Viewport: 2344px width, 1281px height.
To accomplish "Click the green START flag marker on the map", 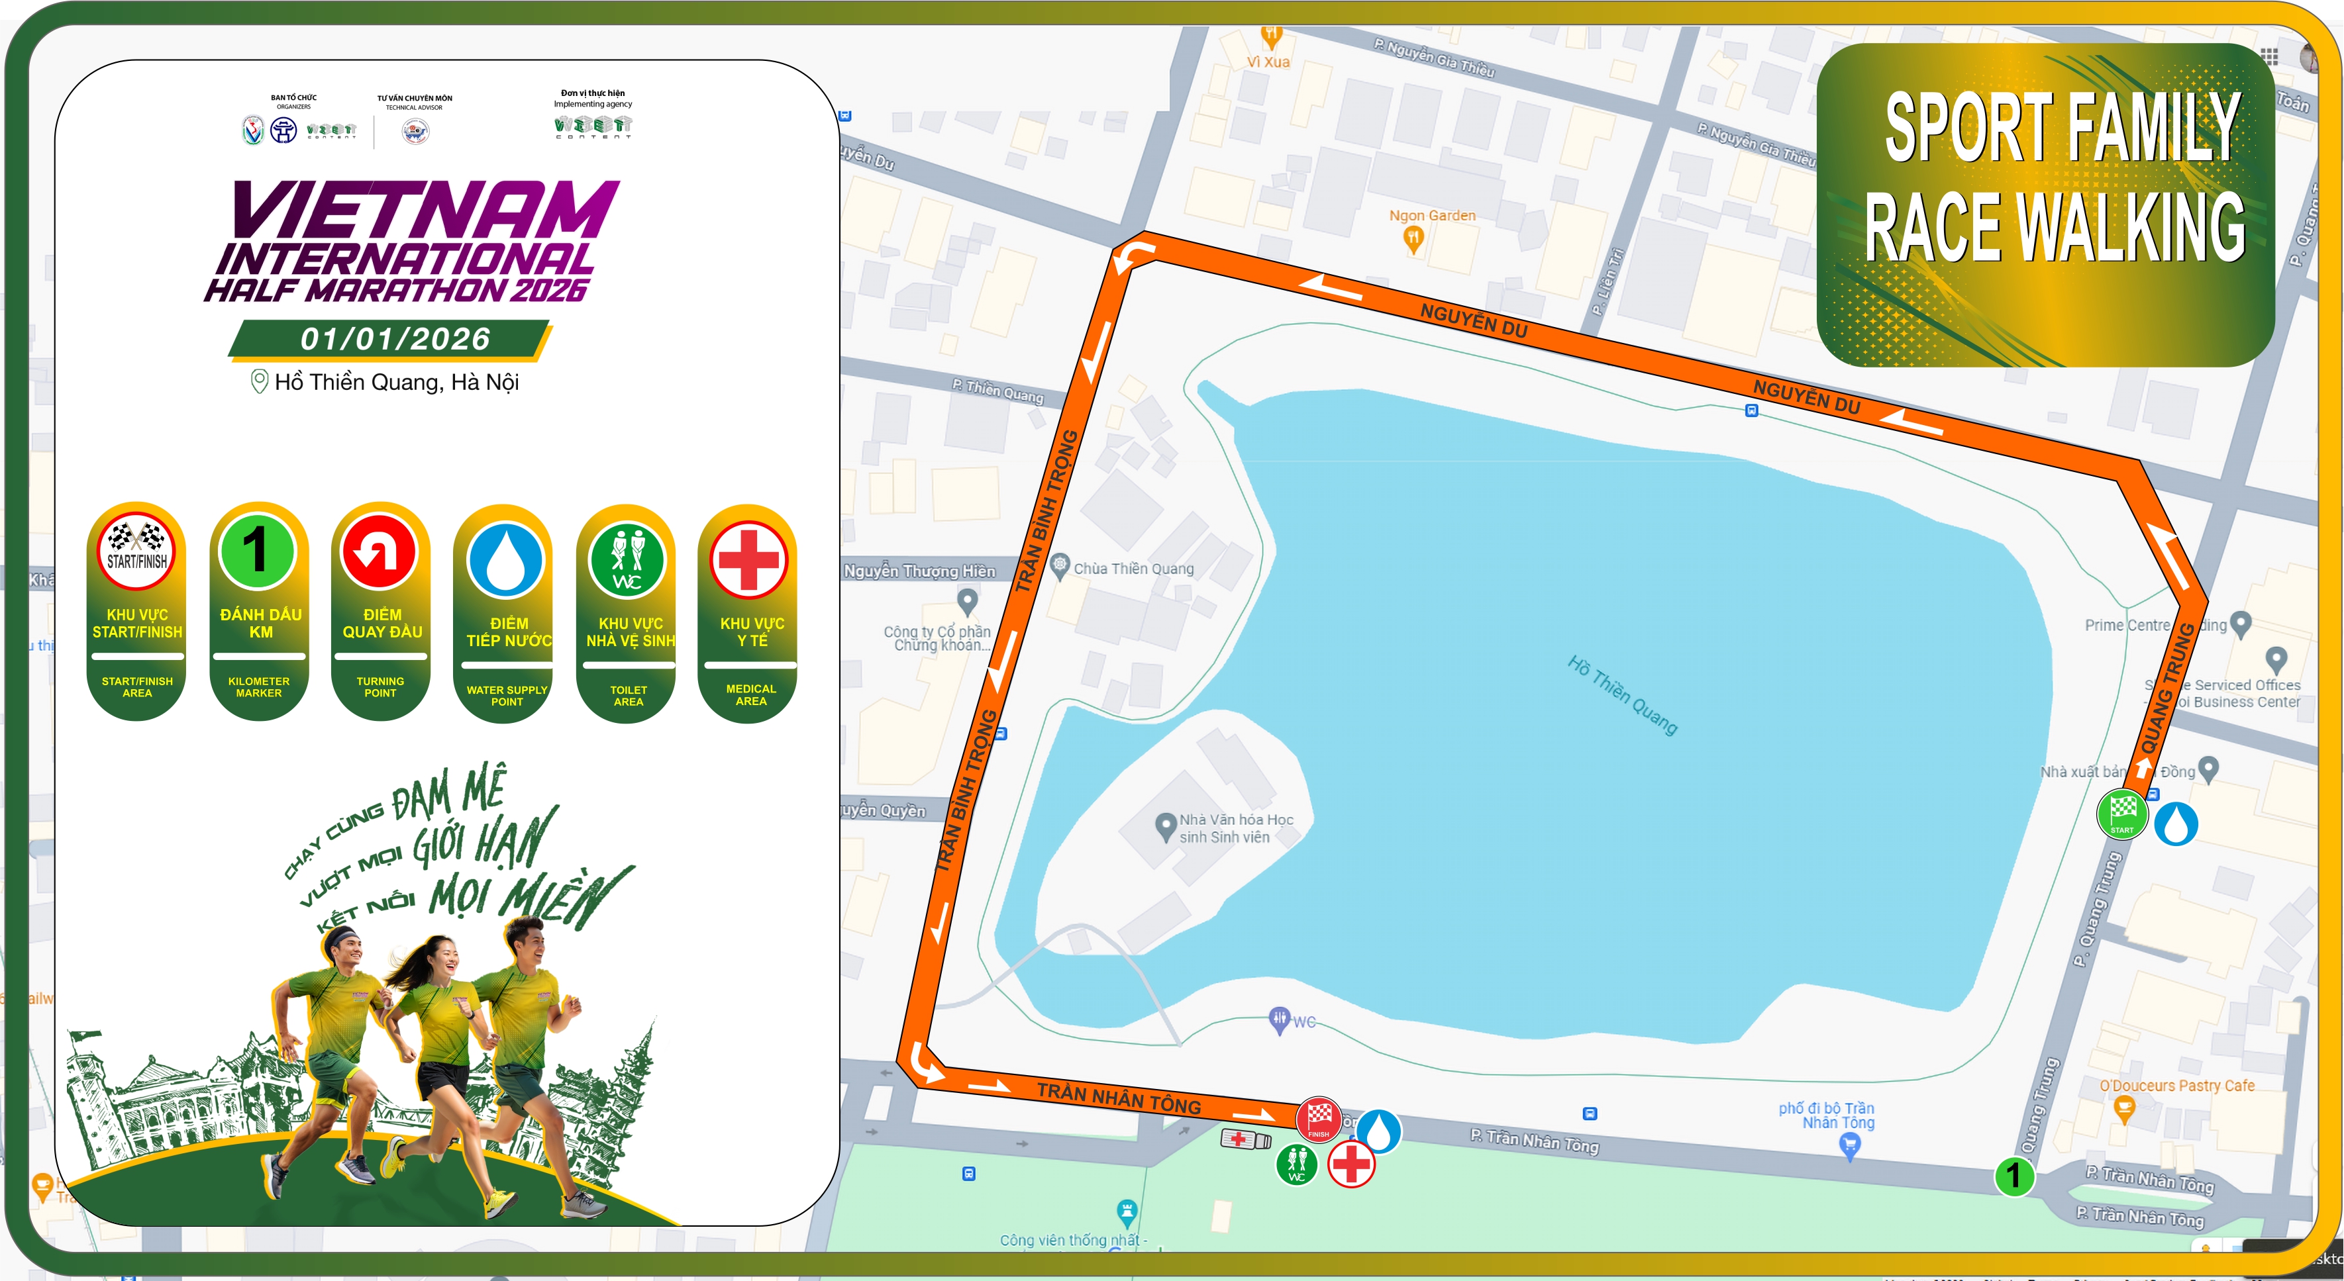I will [2122, 814].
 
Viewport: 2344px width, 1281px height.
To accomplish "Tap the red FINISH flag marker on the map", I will [1319, 1119].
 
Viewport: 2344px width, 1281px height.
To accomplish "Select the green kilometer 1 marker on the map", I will [2013, 1176].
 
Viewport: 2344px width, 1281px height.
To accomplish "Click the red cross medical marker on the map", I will [1351, 1164].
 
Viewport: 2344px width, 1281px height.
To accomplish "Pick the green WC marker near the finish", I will [1297, 1164].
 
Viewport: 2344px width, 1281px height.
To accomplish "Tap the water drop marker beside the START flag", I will [2176, 824].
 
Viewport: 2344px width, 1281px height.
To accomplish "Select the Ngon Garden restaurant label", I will [1431, 216].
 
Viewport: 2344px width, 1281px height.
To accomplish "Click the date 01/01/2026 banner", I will [395, 340].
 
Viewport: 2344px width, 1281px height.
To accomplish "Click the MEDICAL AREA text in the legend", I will [750, 695].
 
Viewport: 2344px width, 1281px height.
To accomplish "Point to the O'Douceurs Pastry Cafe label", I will [2176, 1086].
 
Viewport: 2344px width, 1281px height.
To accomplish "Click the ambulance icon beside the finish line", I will [1245, 1139].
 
